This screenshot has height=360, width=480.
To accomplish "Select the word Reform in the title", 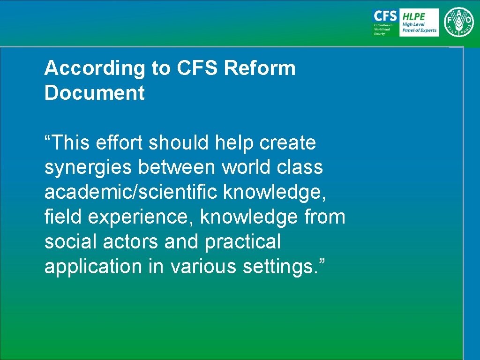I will pyautogui.click(x=260, y=68).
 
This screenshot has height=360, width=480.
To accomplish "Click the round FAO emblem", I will pyautogui.click(x=459, y=22).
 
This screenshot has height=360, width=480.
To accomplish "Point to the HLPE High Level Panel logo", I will pyautogui.click(x=419, y=22).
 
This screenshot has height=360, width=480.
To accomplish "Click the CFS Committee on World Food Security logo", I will pyautogui.click(x=385, y=22).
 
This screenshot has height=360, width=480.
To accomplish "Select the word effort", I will pyautogui.click(x=120, y=142).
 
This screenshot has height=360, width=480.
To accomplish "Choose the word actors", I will pyautogui.click(x=131, y=242).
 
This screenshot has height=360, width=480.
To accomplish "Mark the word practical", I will pyautogui.click(x=242, y=242).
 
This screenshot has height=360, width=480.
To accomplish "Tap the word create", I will pyautogui.click(x=288, y=142).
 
